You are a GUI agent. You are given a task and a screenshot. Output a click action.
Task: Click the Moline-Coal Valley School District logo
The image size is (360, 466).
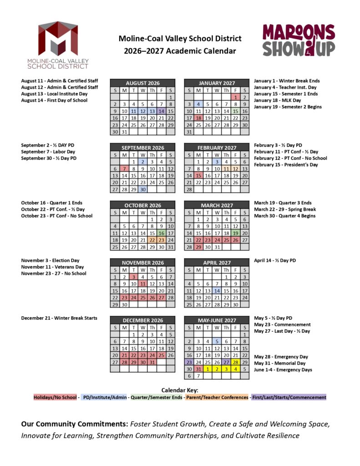[58, 45]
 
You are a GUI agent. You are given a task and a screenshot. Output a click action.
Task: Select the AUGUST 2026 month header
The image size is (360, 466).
[142, 83]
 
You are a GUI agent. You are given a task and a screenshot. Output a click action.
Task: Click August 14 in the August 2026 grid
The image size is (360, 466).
[162, 111]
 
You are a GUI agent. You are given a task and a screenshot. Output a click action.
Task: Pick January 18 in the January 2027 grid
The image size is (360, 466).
[198, 117]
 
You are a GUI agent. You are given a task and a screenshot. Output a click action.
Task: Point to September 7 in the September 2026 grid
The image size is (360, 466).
[124, 168]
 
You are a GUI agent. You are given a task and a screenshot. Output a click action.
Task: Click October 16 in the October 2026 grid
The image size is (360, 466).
[162, 233]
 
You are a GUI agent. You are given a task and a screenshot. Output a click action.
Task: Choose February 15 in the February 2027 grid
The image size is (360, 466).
[198, 175]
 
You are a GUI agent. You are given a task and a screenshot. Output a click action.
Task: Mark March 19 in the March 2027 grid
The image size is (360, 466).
[235, 233]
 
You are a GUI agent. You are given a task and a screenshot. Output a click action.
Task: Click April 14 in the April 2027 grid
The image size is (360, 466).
[217, 291]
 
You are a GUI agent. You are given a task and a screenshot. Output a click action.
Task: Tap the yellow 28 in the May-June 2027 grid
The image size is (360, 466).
[235, 362]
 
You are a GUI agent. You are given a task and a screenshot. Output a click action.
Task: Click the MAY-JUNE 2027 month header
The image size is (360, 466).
[217, 320]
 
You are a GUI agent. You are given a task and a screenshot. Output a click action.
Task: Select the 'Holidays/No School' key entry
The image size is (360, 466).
[55, 397]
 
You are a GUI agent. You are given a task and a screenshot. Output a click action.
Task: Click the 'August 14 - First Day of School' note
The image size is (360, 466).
[54, 101]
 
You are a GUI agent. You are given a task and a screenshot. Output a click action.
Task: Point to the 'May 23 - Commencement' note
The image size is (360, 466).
[282, 324]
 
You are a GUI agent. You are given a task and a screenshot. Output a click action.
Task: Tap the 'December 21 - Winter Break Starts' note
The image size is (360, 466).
[59, 318]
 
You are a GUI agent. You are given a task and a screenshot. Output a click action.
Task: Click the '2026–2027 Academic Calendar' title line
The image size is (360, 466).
[180, 51]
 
